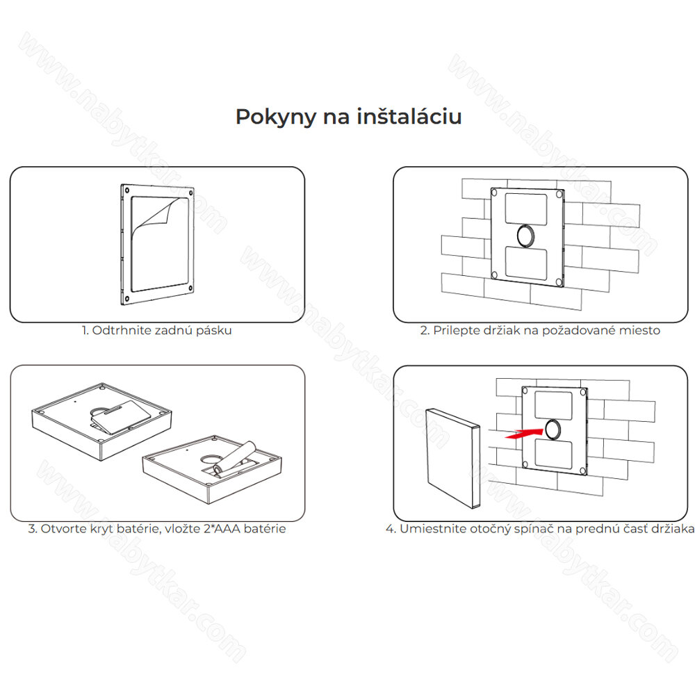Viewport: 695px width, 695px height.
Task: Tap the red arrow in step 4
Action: tap(524, 433)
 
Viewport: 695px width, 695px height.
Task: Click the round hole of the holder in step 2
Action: tap(525, 236)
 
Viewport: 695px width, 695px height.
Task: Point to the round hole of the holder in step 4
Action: tap(553, 429)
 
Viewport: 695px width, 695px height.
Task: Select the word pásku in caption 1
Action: tap(215, 331)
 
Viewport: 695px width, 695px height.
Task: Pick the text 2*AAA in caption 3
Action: tap(222, 529)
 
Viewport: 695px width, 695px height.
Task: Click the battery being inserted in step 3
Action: tap(234, 459)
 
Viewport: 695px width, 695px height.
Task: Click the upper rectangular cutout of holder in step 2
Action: tap(526, 208)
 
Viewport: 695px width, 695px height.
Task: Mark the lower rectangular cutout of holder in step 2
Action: tap(526, 263)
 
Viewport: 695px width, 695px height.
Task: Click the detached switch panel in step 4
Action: tap(453, 458)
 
